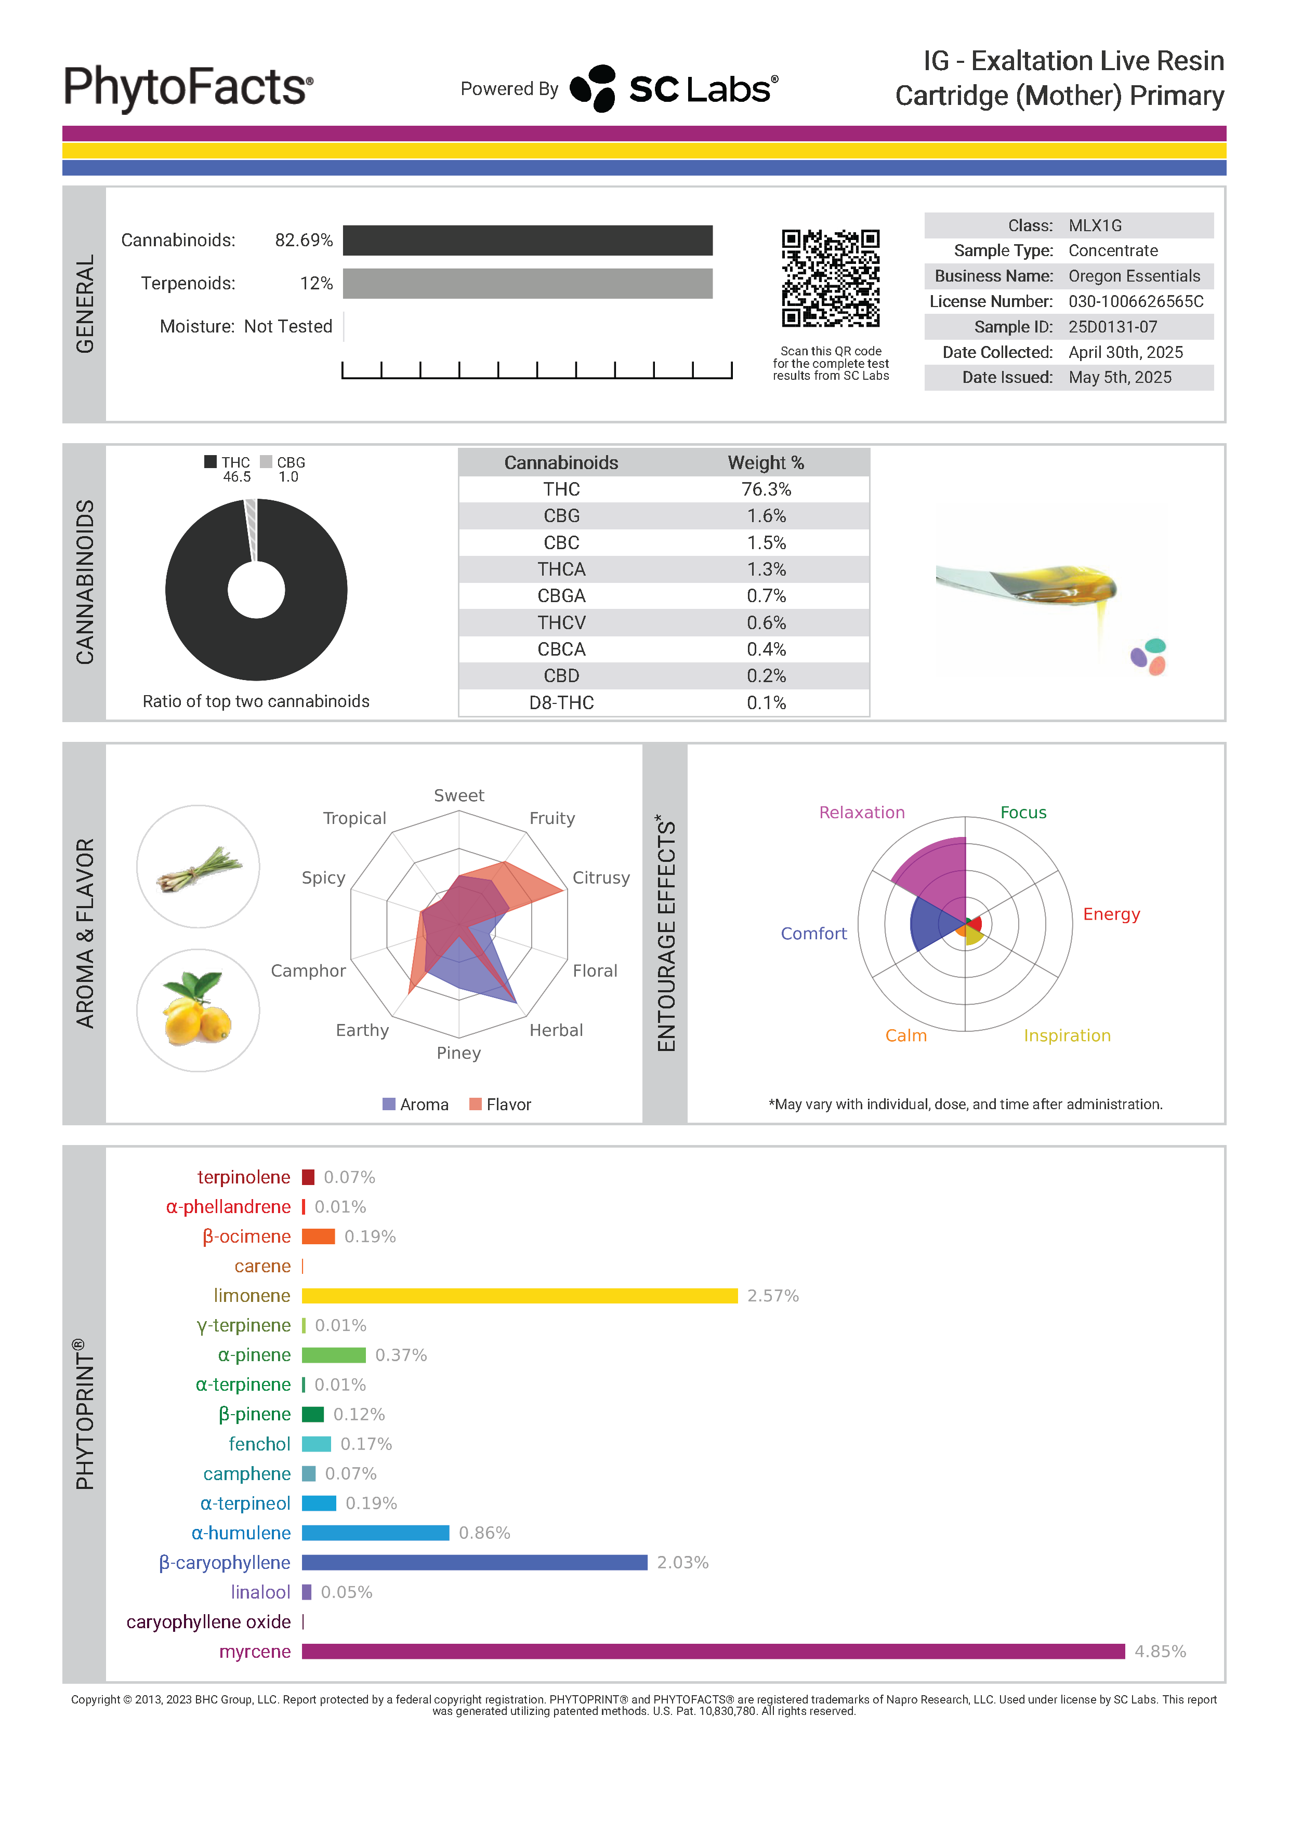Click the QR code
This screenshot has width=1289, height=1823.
tap(830, 278)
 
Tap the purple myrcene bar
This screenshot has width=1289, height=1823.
tap(713, 1652)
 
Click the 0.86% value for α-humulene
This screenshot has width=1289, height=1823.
tap(484, 1533)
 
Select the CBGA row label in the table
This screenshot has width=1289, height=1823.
tap(561, 596)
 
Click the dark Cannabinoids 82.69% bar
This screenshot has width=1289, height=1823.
tap(528, 241)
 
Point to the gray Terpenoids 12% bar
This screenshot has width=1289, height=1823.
tap(528, 284)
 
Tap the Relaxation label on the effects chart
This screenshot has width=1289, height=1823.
tap(862, 813)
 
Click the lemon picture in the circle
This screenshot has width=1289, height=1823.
tap(198, 1010)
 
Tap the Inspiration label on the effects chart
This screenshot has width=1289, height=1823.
tap(1067, 1036)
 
